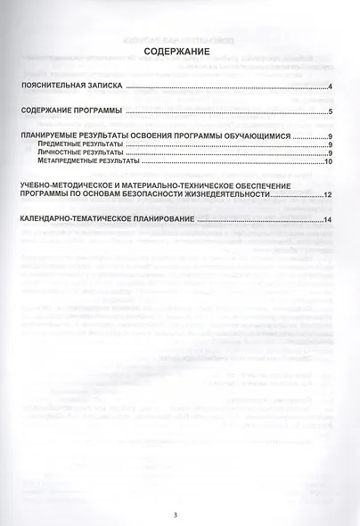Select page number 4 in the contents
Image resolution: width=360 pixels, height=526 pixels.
330,87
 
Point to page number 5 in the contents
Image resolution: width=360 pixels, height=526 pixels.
330,112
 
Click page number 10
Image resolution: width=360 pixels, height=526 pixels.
328,162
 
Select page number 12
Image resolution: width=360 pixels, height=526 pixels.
328,194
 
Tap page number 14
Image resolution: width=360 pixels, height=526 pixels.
328,220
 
